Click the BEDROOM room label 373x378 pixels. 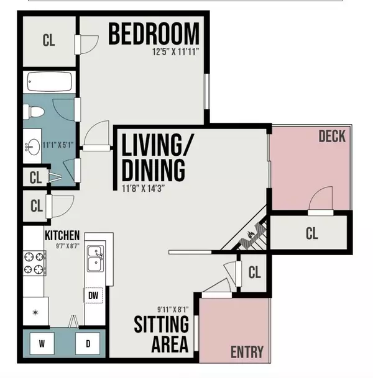tap(154, 34)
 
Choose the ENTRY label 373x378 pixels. tap(247, 352)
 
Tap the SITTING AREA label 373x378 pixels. tap(162, 333)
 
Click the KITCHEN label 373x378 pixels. tap(62, 235)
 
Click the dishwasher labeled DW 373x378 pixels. tap(93, 295)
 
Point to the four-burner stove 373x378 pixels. tap(35, 263)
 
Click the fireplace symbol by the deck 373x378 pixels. tap(252, 235)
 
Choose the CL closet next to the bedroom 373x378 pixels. tap(48, 41)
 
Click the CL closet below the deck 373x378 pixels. tap(311, 234)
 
